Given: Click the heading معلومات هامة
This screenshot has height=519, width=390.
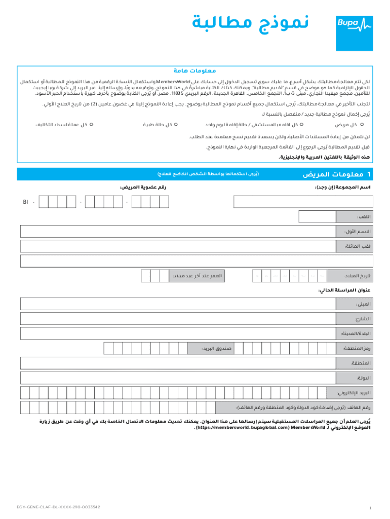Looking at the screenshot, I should click(x=195, y=71).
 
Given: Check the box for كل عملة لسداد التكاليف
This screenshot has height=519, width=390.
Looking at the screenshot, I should click(x=91, y=124).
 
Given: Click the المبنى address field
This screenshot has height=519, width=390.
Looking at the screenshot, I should click(x=177, y=304).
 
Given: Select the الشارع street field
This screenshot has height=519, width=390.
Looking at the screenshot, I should click(x=177, y=319).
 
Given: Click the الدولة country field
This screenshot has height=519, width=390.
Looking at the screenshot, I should click(x=177, y=378).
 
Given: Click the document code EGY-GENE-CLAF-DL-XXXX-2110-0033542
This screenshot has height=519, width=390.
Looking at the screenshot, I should click(x=58, y=507).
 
